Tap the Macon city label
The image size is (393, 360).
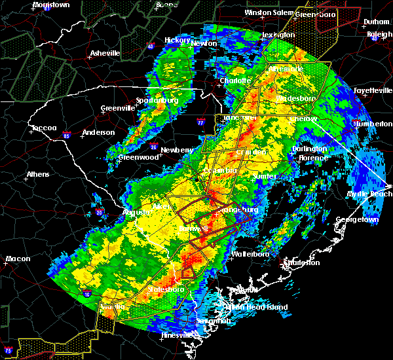18,259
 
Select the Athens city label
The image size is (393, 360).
38,174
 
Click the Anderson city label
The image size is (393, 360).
99,132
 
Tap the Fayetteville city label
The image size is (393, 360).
371,90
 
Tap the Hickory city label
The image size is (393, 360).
177,40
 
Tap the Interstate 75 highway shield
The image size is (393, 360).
7,348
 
